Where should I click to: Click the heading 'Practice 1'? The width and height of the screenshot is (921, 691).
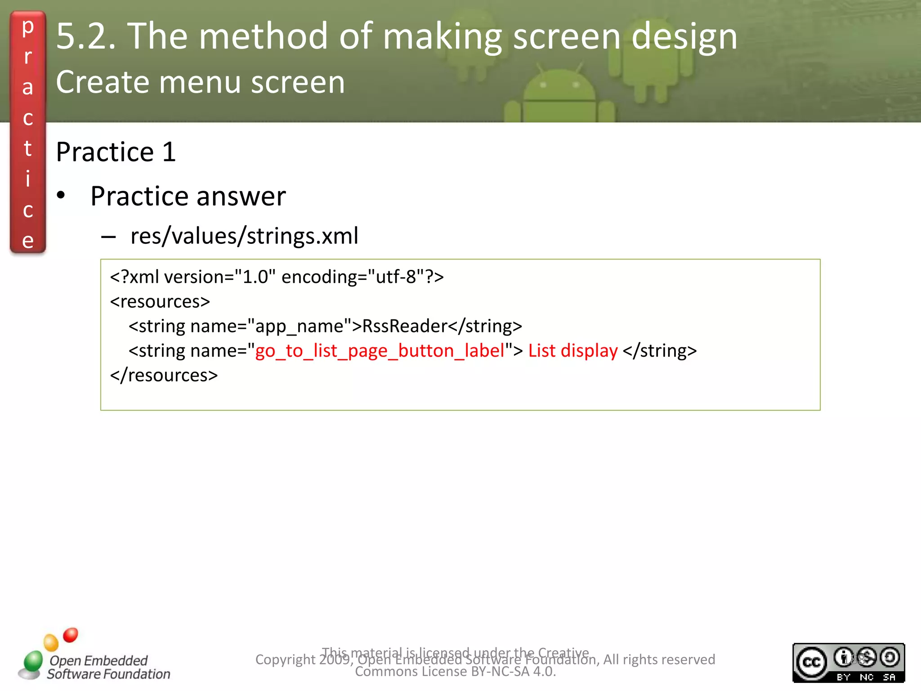(x=116, y=152)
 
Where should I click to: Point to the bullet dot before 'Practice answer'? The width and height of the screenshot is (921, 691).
(x=61, y=196)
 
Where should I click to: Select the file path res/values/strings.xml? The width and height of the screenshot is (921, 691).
(x=244, y=236)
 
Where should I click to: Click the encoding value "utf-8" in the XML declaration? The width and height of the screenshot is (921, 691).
(x=396, y=277)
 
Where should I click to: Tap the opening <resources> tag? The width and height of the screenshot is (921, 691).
(x=160, y=301)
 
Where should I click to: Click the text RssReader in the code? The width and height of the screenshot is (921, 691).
(x=405, y=326)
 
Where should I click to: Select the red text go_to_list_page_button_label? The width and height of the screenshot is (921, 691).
(x=380, y=351)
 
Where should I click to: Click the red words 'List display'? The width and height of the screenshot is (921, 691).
(x=572, y=351)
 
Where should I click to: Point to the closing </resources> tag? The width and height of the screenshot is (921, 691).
(x=164, y=375)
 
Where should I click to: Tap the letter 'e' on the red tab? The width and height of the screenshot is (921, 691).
(x=28, y=241)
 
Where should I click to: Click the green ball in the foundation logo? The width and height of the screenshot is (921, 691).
(x=33, y=660)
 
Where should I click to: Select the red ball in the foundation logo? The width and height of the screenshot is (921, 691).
(x=71, y=635)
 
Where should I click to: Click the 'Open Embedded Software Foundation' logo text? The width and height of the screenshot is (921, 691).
(x=108, y=667)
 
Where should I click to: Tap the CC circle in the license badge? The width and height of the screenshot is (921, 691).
(x=812, y=663)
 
